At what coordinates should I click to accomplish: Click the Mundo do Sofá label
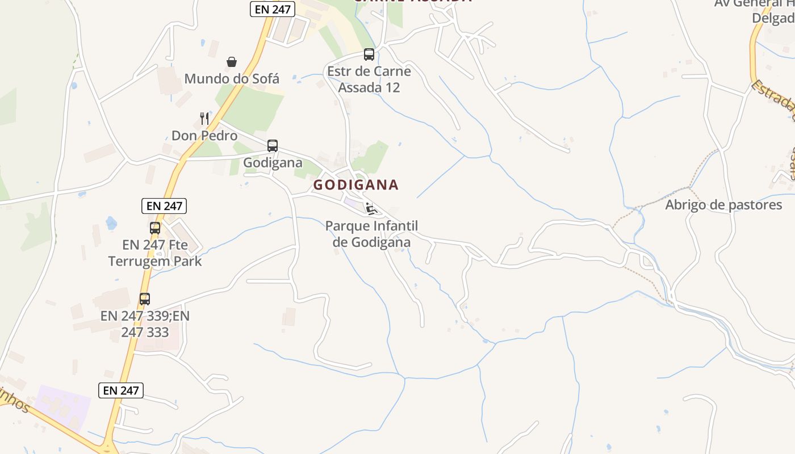pos(232,78)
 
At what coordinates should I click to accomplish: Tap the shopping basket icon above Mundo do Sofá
pos(232,61)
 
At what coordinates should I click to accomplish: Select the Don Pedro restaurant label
pos(204,136)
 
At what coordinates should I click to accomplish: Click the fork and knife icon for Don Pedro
pos(204,119)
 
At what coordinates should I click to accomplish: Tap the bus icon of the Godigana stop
pos(273,146)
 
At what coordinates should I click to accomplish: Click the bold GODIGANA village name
pos(356,184)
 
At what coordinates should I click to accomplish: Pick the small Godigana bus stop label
pos(273,163)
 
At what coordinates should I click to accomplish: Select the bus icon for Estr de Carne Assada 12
pos(369,54)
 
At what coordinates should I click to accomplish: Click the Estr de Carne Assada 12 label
pos(369,79)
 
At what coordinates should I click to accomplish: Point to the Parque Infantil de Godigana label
pos(371,234)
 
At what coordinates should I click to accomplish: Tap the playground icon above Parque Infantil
pos(371,209)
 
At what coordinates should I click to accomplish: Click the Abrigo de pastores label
pos(723,205)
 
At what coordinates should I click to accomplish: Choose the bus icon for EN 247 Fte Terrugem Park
pos(155,228)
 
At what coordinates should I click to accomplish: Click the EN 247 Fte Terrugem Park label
pos(155,253)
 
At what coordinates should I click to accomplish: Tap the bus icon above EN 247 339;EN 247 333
pos(145,299)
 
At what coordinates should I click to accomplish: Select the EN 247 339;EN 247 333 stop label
pos(145,323)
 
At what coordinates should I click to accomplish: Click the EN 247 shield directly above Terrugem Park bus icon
pos(164,206)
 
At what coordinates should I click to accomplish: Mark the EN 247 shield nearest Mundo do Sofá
pos(273,9)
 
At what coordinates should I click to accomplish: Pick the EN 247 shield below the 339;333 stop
pos(121,390)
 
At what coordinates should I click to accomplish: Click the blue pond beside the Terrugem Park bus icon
pos(111,222)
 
